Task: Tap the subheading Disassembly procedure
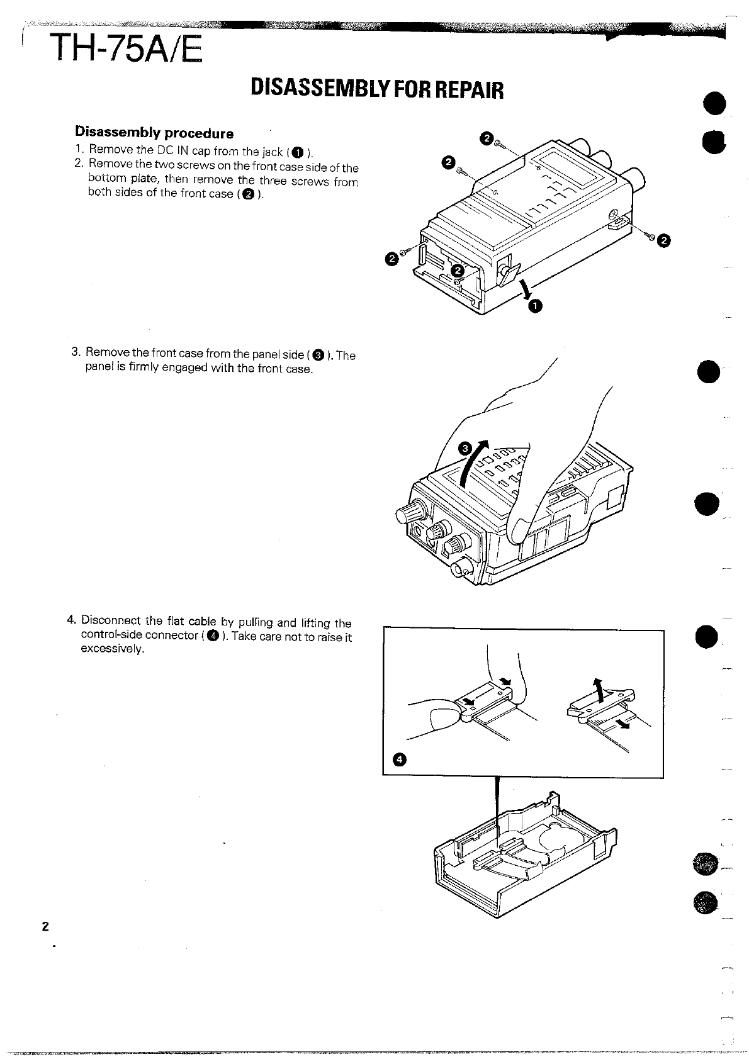(154, 133)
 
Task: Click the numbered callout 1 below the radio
(534, 306)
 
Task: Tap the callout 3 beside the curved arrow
(465, 449)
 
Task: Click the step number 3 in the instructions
(76, 351)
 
